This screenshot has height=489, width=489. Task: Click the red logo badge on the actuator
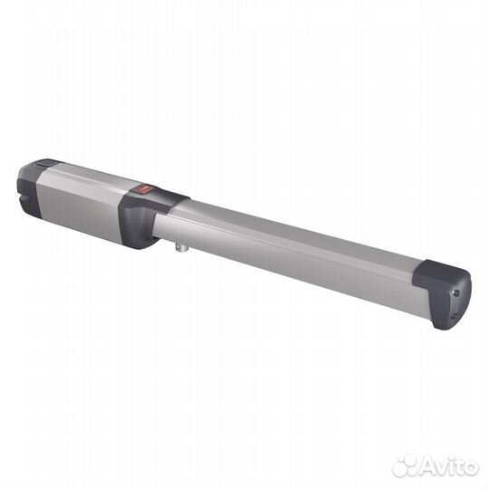tap(146, 189)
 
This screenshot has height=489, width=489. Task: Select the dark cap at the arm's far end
tap(443, 293)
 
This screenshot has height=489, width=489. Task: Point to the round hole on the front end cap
tap(456, 292)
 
